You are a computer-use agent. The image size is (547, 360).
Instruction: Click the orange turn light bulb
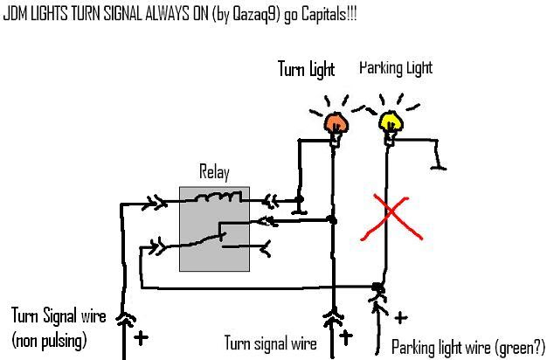click(x=333, y=122)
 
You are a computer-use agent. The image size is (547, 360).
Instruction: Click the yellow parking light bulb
click(x=390, y=121)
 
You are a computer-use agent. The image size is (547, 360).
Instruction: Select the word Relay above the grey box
click(x=213, y=171)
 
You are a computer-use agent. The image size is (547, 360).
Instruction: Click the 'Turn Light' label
click(x=307, y=68)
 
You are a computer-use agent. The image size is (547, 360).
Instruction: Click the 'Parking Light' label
click(x=396, y=67)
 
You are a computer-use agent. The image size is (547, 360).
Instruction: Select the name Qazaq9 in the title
click(x=246, y=15)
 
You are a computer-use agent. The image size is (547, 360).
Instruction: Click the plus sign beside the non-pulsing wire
click(x=140, y=336)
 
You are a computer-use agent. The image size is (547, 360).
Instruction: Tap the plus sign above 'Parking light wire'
click(x=401, y=318)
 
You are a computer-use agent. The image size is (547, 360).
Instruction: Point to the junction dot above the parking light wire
click(x=377, y=287)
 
